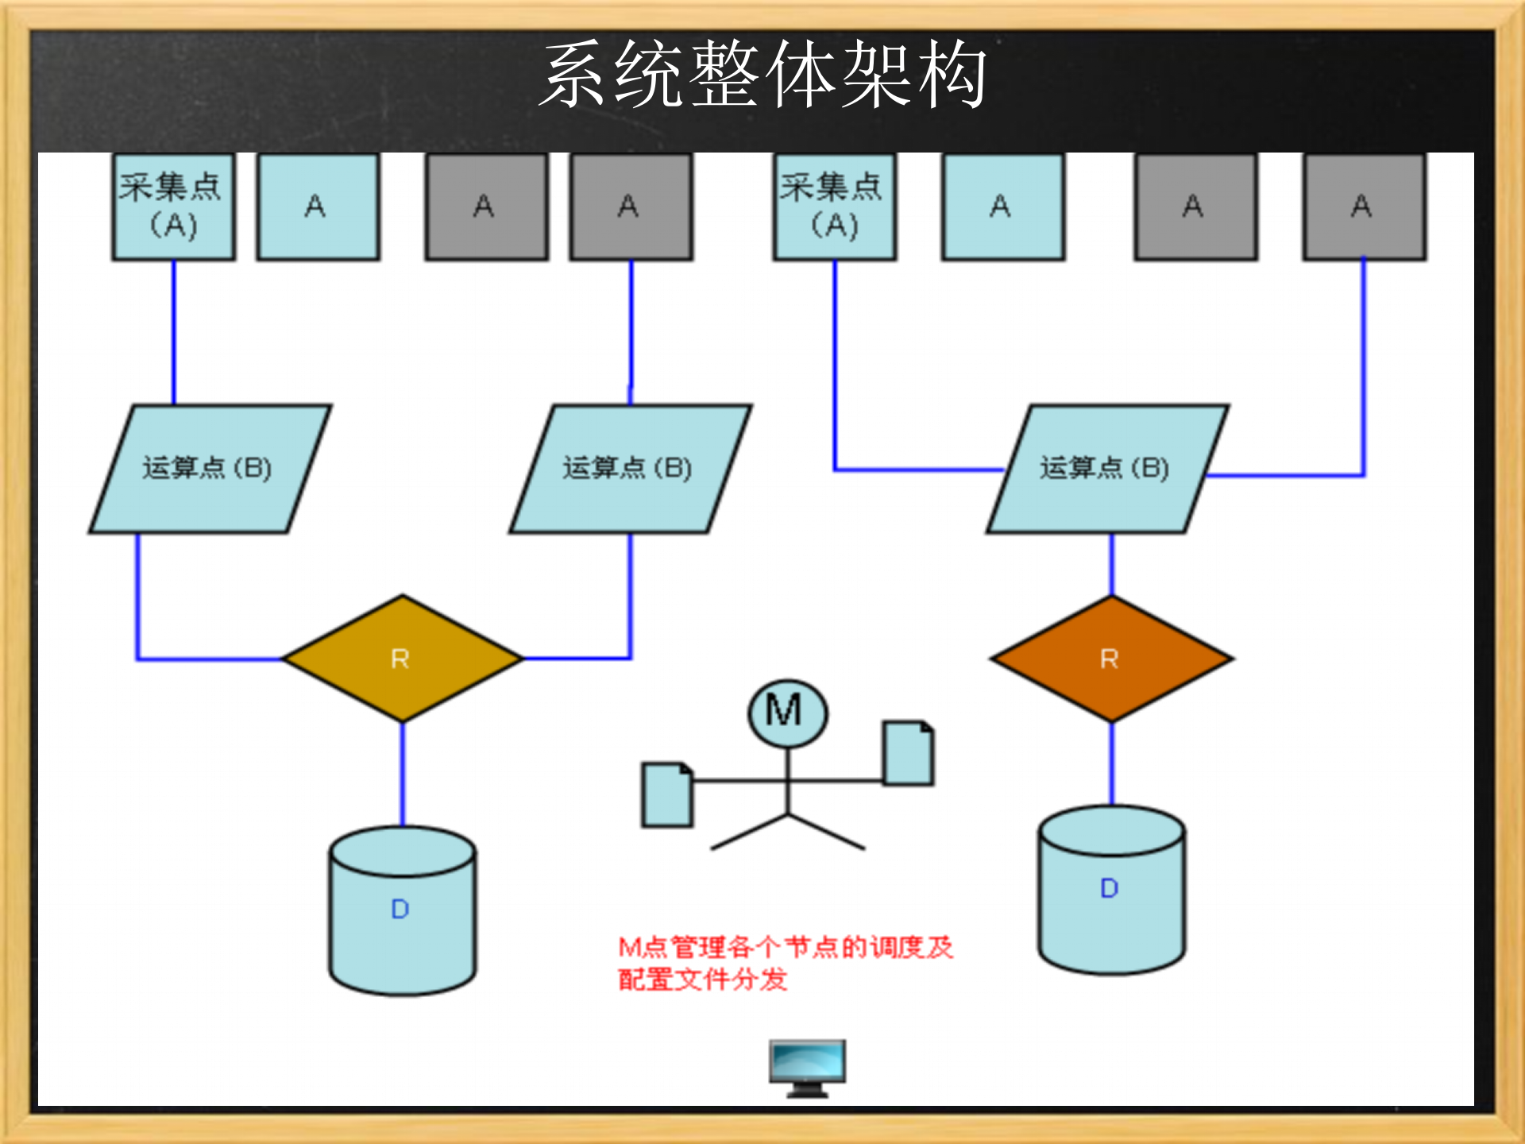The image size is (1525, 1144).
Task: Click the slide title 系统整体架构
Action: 762,75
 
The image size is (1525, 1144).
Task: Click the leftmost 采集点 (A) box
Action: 173,207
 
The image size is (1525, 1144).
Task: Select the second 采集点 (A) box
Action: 835,207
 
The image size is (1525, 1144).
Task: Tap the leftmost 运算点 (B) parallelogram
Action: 209,469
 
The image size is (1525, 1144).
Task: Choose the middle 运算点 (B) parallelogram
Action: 629,469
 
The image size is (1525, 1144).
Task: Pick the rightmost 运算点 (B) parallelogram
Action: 1106,469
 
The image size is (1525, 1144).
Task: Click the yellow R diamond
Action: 402,659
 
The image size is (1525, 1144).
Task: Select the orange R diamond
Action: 1111,659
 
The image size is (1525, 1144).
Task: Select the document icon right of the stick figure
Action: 908,752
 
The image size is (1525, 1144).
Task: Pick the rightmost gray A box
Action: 1364,207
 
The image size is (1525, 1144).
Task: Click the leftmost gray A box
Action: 486,207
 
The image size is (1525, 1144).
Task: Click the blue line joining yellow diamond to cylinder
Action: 402,775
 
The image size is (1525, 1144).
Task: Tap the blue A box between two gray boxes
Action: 1003,207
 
